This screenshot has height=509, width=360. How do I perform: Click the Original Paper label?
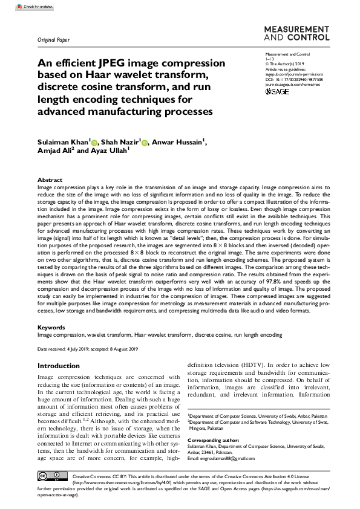(x=53, y=41)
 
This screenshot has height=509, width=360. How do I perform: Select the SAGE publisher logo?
(x=278, y=92)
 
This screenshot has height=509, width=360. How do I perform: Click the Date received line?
(x=87, y=349)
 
